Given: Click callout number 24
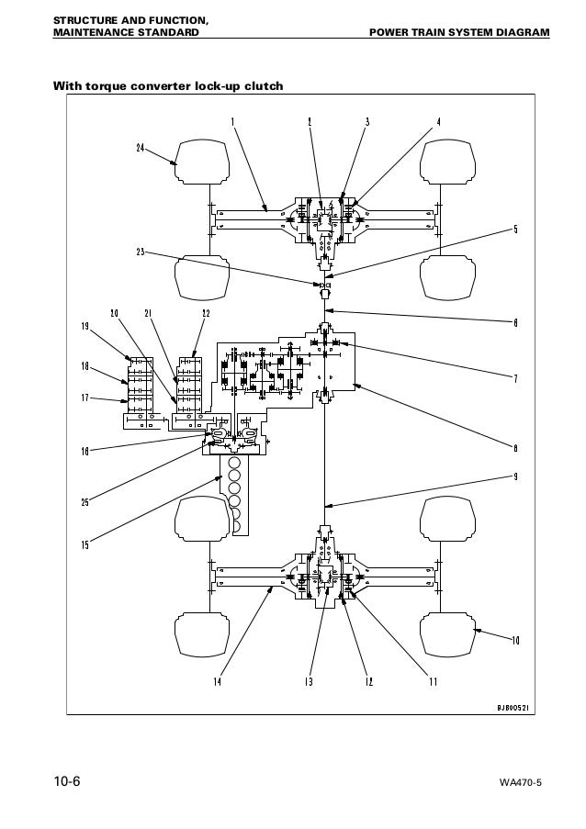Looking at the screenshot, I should tap(141, 148).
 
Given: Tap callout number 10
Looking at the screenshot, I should tap(515, 640).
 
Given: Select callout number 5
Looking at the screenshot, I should tap(515, 229).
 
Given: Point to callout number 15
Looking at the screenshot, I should tap(85, 545).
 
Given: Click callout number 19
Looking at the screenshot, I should tap(84, 326).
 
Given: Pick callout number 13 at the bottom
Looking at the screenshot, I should tap(310, 681).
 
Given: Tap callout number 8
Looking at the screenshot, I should tap(515, 447).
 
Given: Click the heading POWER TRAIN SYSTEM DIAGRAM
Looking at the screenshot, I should tap(458, 34).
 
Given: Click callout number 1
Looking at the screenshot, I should tap(232, 122).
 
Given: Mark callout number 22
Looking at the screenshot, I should tap(206, 313).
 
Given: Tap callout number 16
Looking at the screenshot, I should tap(85, 450).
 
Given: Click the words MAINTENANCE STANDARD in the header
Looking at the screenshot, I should tap(125, 34).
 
